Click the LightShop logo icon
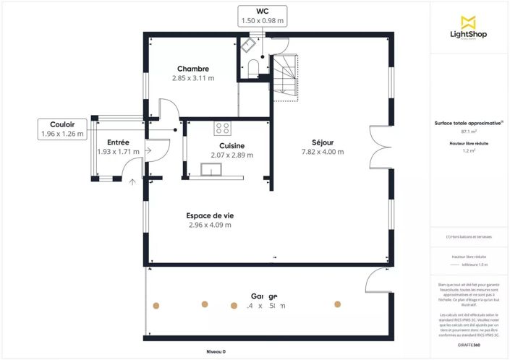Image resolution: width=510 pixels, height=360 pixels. [x=468, y=22]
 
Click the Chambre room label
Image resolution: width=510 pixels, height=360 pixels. [x=193, y=69]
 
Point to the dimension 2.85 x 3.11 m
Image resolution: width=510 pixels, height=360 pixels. [x=193, y=78]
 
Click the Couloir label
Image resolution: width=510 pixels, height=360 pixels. [x=62, y=124]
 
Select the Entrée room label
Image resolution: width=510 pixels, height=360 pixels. [x=118, y=142]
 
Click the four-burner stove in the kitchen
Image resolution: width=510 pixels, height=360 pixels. [x=223, y=129]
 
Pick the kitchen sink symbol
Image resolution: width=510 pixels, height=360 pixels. [x=212, y=170]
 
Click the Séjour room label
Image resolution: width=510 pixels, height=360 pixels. [x=322, y=142]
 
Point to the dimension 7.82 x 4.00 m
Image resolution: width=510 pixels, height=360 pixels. [x=322, y=152]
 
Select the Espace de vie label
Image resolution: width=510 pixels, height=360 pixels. [x=210, y=215]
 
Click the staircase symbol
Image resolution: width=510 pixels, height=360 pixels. [x=283, y=75]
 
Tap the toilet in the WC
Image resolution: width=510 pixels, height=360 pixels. [x=252, y=68]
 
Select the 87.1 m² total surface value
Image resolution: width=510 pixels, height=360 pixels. [x=468, y=132]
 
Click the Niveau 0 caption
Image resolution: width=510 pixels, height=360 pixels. [x=215, y=351]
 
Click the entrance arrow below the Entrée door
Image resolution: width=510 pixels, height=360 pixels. [x=132, y=182]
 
